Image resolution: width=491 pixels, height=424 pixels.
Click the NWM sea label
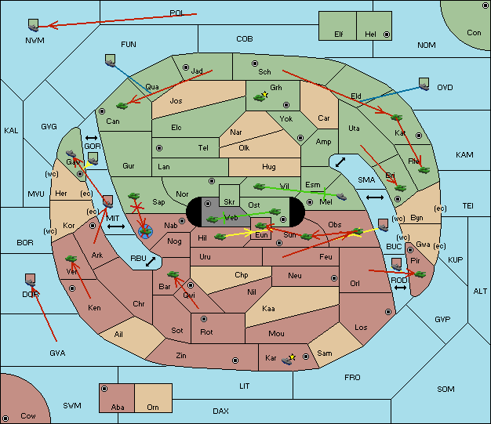pyautogui.click(x=35, y=39)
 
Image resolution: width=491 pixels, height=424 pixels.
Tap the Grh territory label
pyautogui.click(x=276, y=88)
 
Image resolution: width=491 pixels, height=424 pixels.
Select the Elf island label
pyautogui.click(x=339, y=34)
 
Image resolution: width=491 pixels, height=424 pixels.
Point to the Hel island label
pyautogui.click(x=370, y=34)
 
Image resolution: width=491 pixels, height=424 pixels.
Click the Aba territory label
pyautogui.click(x=118, y=407)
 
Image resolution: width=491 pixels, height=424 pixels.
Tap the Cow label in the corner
pyautogui.click(x=28, y=415)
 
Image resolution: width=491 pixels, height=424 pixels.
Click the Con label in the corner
pyautogui.click(x=474, y=33)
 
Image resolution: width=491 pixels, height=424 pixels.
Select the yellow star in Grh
pyautogui.click(x=266, y=95)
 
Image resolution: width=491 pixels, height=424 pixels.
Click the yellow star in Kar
pyautogui.click(x=293, y=357)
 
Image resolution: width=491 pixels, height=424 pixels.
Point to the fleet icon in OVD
pyautogui.click(x=424, y=82)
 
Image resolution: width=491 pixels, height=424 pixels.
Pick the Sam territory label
pyautogui.click(x=325, y=353)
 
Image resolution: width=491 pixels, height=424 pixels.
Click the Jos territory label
pyautogui.click(x=176, y=100)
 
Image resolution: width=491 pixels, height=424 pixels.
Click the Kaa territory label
pyautogui.click(x=268, y=308)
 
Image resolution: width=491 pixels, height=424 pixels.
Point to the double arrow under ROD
pyautogui.click(x=400, y=288)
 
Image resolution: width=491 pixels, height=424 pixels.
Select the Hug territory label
pyautogui.click(x=269, y=166)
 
